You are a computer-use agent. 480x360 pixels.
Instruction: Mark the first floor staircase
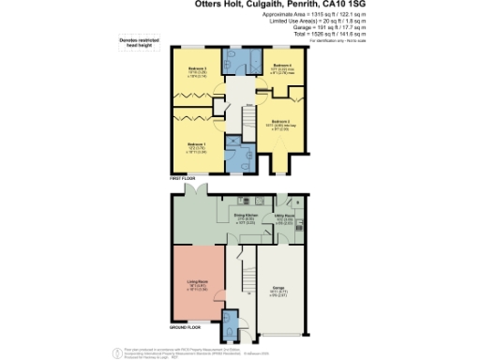pyautogui.click(x=244, y=118)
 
